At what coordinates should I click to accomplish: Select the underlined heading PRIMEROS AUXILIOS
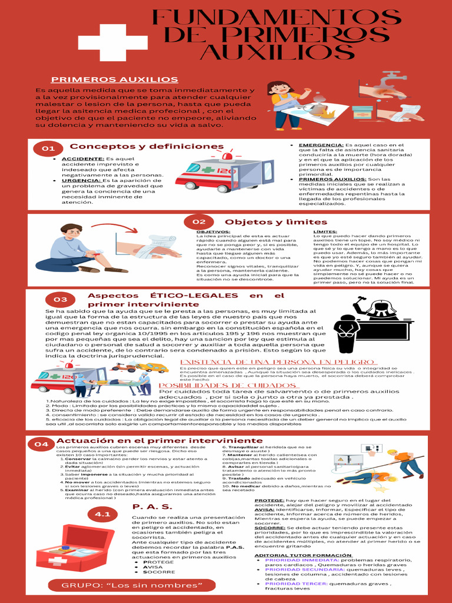[x=122, y=79]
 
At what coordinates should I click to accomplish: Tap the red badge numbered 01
[x=48, y=149]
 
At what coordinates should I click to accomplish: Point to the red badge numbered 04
[x=41, y=443]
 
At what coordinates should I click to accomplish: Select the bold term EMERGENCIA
[x=320, y=145]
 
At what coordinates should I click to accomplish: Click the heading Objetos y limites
[x=276, y=222]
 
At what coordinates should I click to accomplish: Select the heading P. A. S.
[x=152, y=506]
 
